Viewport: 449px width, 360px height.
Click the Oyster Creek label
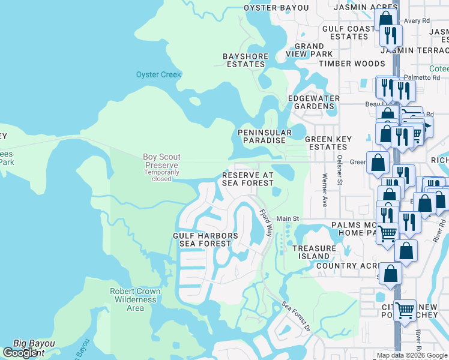[158, 75]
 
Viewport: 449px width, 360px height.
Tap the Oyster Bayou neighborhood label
[276, 8]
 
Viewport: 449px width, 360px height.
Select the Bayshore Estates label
[246, 60]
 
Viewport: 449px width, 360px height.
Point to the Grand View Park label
[309, 50]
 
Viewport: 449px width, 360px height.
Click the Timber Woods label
[352, 64]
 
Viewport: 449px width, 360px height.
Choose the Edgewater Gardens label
[314, 102]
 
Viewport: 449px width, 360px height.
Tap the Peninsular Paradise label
[265, 136]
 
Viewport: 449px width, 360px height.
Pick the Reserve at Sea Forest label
[248, 179]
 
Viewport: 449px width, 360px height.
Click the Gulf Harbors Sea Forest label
[206, 239]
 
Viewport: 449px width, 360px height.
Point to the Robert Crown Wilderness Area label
[135, 299]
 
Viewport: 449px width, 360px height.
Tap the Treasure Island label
[315, 252]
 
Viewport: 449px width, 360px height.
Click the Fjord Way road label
[266, 221]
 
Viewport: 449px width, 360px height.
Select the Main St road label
[288, 219]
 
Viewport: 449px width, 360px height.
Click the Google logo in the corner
[20, 353]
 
